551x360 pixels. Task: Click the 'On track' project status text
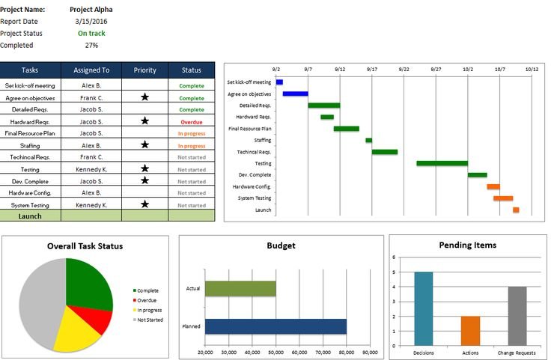[x=91, y=33]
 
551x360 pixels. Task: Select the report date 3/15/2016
[x=91, y=21]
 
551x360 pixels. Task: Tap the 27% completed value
[x=91, y=45]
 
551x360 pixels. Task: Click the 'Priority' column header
[x=144, y=70]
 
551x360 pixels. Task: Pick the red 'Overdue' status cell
[x=191, y=121]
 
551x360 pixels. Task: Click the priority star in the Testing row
[x=144, y=169]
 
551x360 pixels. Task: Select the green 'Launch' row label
[x=30, y=216]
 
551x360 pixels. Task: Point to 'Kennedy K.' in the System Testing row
[x=91, y=204]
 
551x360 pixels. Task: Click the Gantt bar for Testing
[x=442, y=163]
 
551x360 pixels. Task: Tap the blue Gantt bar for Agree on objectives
[x=295, y=94]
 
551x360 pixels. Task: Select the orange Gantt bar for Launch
[x=516, y=210]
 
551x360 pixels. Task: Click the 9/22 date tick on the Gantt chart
[x=404, y=69]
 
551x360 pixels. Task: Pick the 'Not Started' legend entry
[x=149, y=320]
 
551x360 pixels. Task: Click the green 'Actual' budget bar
[x=240, y=289]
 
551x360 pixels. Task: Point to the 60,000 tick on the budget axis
[x=299, y=352]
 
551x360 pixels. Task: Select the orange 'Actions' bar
[x=470, y=329]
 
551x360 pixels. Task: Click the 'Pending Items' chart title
[x=467, y=245]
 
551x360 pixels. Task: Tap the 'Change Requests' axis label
[x=517, y=352]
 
